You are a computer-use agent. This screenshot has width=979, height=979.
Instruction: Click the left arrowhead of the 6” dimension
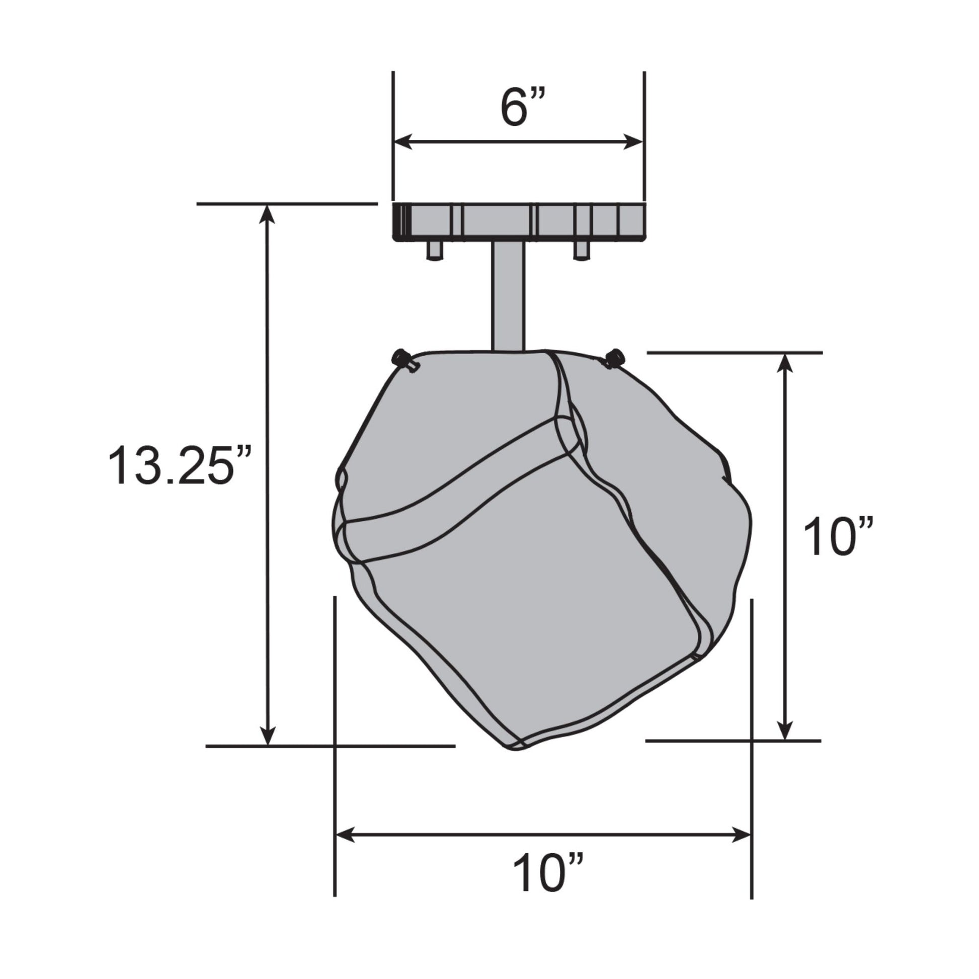pyautogui.click(x=403, y=142)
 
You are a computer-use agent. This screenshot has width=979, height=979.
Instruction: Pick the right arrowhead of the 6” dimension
pyautogui.click(x=633, y=142)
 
